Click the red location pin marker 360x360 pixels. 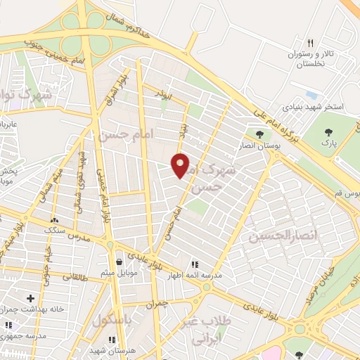click(x=181, y=165)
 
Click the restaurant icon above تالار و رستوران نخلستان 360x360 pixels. click(x=310, y=42)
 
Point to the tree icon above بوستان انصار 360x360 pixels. click(x=260, y=134)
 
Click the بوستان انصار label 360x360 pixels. click(x=260, y=145)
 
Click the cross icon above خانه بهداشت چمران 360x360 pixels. click(x=30, y=298)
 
